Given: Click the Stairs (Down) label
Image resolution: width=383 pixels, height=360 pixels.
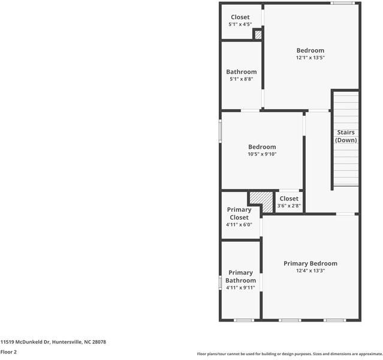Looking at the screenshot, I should point(346,136).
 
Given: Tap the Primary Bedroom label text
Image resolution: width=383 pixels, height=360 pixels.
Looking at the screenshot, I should point(310,263).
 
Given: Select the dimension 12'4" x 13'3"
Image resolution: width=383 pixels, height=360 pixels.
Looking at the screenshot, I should point(310,271).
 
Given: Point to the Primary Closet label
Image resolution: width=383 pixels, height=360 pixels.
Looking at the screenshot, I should point(239,214).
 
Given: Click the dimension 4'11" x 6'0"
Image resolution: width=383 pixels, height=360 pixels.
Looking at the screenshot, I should point(239,225).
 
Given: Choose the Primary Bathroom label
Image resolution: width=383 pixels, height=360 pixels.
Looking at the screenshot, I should point(240,277).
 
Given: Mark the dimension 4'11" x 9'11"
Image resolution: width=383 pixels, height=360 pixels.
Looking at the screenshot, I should point(240,288).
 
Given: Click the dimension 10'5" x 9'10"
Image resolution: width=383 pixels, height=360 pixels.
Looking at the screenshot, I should point(262,154).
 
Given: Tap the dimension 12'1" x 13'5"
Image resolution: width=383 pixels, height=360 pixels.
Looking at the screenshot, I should point(310,58).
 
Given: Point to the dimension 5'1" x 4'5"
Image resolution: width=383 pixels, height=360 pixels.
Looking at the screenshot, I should point(240,25).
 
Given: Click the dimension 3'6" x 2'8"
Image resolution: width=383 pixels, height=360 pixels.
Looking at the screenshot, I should point(288,206).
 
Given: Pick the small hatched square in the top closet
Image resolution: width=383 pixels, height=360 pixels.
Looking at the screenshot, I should point(258,35).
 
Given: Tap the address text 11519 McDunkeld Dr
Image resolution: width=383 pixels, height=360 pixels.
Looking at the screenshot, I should point(53,342).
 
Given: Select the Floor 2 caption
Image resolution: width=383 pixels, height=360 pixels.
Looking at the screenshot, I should point(8,352).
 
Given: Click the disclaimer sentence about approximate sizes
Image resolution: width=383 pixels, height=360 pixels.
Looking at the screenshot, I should point(289,354).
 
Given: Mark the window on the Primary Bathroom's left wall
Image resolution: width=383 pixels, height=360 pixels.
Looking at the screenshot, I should point(221,281).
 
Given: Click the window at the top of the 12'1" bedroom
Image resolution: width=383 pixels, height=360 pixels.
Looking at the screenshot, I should point(342,3).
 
